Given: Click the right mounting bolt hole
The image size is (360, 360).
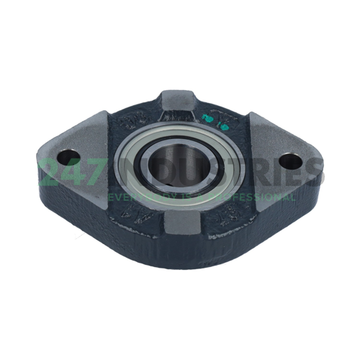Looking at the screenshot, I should tap(290, 161).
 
